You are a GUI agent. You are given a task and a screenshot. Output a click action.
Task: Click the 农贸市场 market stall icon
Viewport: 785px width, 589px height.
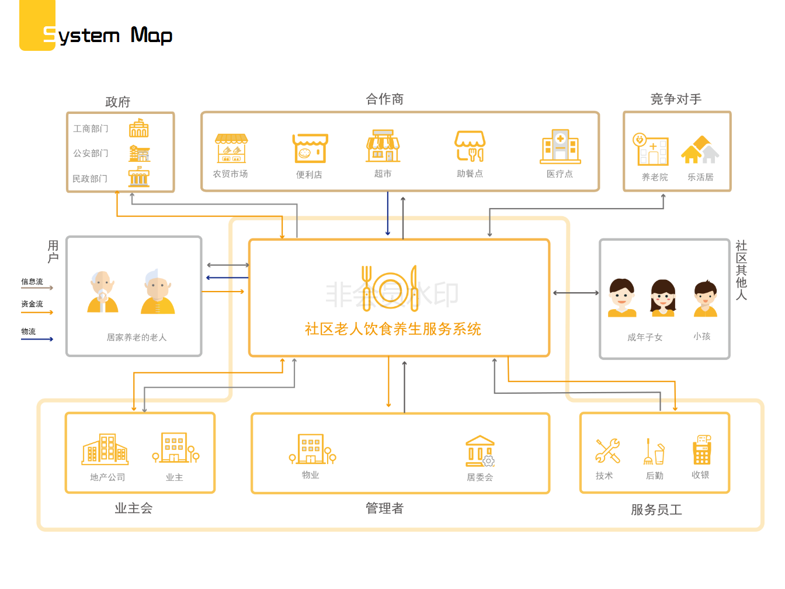coord(231,148)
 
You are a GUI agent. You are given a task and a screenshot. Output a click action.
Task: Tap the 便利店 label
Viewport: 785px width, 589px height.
coord(309,175)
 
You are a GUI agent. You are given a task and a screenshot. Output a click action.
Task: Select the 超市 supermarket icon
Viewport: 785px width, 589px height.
coord(383,146)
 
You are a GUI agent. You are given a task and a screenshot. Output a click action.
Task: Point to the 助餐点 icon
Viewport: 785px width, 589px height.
coord(470,146)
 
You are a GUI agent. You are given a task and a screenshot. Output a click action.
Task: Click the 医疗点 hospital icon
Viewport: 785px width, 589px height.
coord(560,147)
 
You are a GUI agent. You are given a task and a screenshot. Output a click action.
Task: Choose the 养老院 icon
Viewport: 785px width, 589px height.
coord(651,150)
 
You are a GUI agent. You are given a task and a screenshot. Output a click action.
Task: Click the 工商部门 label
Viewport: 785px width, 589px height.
coord(91,129)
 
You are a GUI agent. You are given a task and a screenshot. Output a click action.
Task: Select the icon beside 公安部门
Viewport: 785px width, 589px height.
coord(139,154)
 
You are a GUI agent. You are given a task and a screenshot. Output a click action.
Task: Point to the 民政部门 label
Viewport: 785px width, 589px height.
coord(90,179)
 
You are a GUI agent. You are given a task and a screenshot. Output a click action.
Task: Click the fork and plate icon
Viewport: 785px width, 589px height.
coord(390,289)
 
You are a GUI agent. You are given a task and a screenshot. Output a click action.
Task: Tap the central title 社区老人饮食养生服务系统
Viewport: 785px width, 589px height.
coord(393,329)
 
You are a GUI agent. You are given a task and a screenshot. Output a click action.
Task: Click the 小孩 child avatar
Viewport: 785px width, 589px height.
coord(705,299)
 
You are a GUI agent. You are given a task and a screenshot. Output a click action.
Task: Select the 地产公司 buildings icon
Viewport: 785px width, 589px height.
coord(105,449)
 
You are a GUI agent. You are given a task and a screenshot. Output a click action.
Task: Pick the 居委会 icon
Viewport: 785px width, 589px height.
coord(480,451)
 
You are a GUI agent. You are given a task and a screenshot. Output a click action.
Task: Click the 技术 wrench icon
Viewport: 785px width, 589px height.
coord(607,451)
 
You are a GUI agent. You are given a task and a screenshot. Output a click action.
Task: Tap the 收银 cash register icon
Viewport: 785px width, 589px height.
coord(701,449)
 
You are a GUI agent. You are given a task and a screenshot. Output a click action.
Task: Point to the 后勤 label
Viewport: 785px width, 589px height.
coord(655,476)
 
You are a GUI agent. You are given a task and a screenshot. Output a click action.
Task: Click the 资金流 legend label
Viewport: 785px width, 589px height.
coord(32,304)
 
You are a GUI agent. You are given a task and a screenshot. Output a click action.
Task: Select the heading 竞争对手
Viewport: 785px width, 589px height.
coord(676,99)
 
